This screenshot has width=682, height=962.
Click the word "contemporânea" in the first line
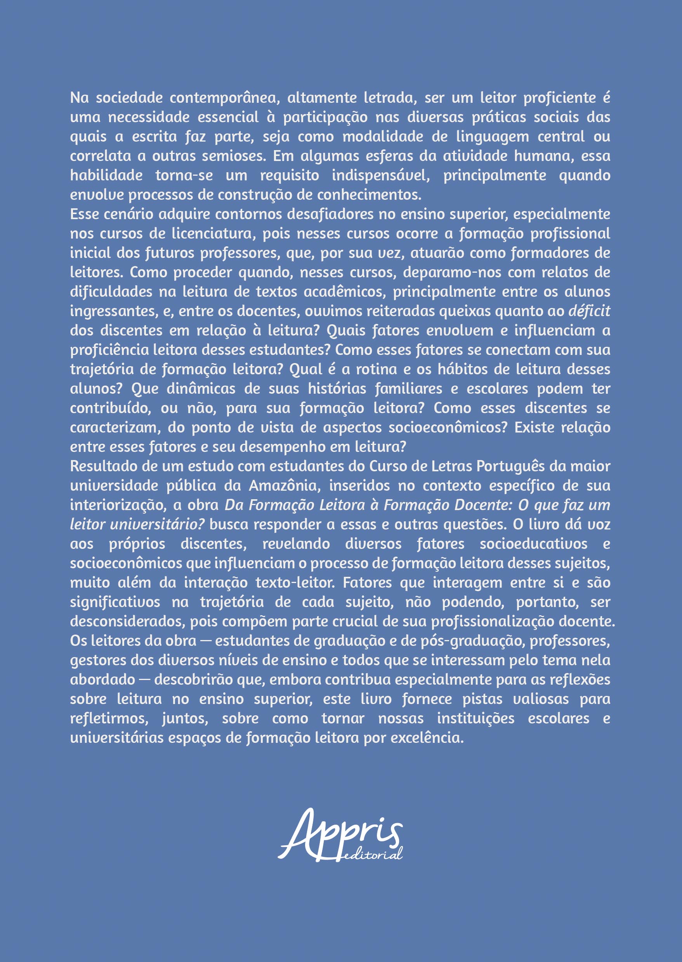pos(225,98)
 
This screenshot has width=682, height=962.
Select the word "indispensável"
pos(381,175)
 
